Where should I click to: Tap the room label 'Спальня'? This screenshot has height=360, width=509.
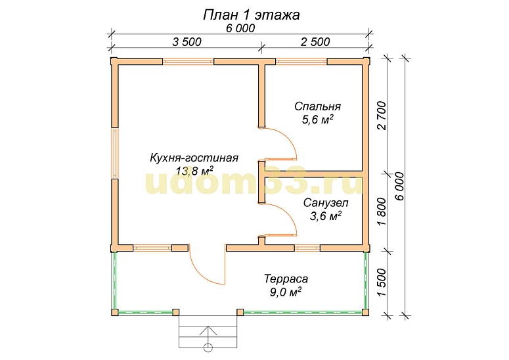tap(317, 106)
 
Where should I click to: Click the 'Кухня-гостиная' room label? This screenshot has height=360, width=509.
tap(194, 158)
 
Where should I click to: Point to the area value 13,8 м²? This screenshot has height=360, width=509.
tap(194, 171)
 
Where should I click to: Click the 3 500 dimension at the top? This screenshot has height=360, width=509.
tap(187, 42)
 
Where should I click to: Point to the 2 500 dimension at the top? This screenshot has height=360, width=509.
tap(315, 42)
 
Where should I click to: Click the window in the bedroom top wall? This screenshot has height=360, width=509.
tap(301, 62)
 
